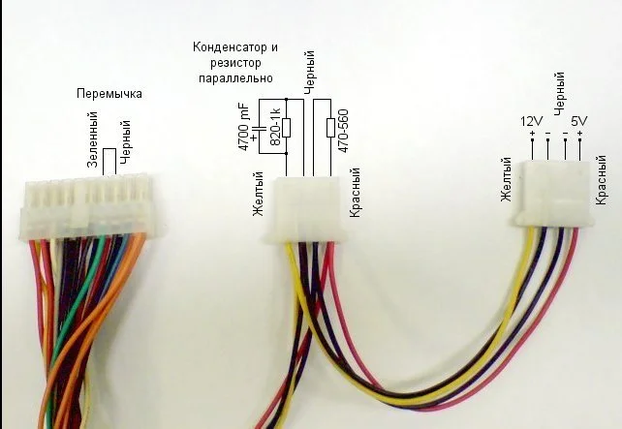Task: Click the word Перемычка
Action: pos(109,94)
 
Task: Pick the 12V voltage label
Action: pos(532,121)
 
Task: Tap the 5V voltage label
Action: pos(579,121)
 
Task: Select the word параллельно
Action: pos(233,76)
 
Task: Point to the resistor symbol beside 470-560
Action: pos(331,128)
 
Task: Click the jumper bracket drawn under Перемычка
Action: pos(113,159)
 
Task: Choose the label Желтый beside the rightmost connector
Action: pos(506,180)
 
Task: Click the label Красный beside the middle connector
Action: pos(356,196)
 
